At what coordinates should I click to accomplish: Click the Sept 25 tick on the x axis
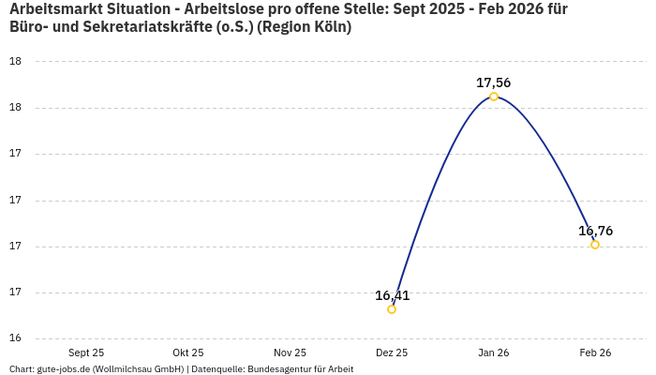86,352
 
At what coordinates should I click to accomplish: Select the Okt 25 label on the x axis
188,352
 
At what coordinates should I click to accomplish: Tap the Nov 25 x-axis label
290,352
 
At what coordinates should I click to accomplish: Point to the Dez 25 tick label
392,352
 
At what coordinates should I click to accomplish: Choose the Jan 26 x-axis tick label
493,352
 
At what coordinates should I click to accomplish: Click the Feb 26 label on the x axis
595,352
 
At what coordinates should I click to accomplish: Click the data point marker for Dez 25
392,309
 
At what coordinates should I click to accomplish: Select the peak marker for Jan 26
494,97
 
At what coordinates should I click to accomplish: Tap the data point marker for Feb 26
595,245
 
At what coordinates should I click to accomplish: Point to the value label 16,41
393,295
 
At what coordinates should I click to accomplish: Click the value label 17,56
494,82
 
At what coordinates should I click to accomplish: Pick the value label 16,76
595,231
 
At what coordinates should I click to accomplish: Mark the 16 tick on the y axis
15,338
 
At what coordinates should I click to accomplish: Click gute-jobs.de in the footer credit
63,369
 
